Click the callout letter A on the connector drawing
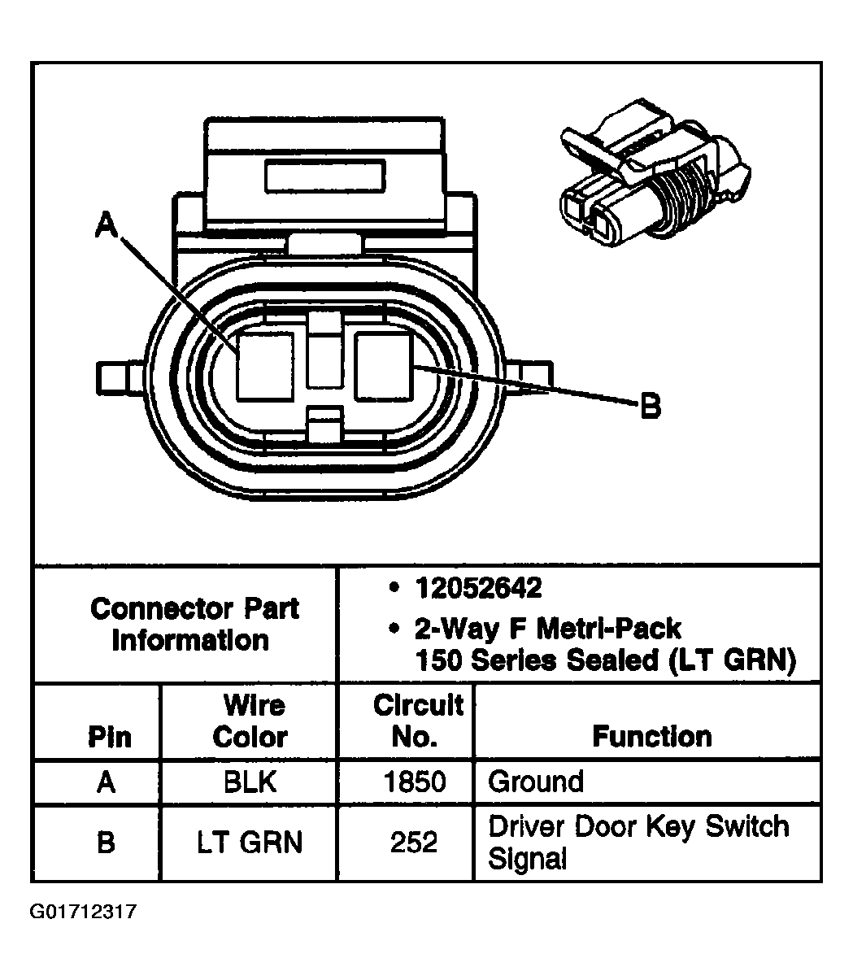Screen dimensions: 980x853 [105, 224]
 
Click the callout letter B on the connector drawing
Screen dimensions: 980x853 [650, 405]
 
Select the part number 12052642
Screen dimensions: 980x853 [478, 588]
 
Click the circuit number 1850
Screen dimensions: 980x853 [414, 782]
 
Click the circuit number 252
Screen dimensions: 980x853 [414, 842]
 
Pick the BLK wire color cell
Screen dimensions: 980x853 [250, 782]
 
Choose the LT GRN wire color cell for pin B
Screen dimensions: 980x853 [250, 842]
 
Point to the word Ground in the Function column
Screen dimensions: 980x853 [536, 782]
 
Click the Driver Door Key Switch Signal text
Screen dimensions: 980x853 [638, 842]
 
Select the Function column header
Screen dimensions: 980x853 [651, 736]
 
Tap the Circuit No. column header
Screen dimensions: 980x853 [417, 721]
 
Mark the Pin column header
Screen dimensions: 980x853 [109, 737]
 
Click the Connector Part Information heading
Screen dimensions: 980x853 [194, 624]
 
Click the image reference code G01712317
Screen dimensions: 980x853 [83, 912]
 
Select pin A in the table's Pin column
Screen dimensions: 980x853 [106, 782]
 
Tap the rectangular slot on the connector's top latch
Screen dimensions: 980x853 [324, 176]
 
